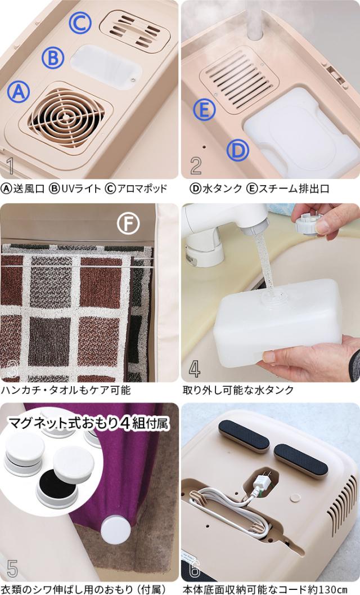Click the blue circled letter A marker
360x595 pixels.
tap(19, 92)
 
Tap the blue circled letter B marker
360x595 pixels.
tap(53, 57)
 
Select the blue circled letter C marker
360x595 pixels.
tap(80, 23)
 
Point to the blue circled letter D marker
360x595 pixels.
tap(238, 150)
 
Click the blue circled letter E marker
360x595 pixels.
tap(204, 110)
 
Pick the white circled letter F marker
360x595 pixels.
tap(128, 223)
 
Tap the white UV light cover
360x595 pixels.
tap(106, 67)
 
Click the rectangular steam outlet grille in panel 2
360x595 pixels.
tap(238, 81)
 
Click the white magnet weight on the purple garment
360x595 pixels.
tap(116, 529)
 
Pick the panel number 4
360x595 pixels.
tap(195, 369)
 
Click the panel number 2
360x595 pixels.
tap(196, 165)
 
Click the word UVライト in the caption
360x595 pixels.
tap(81, 189)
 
